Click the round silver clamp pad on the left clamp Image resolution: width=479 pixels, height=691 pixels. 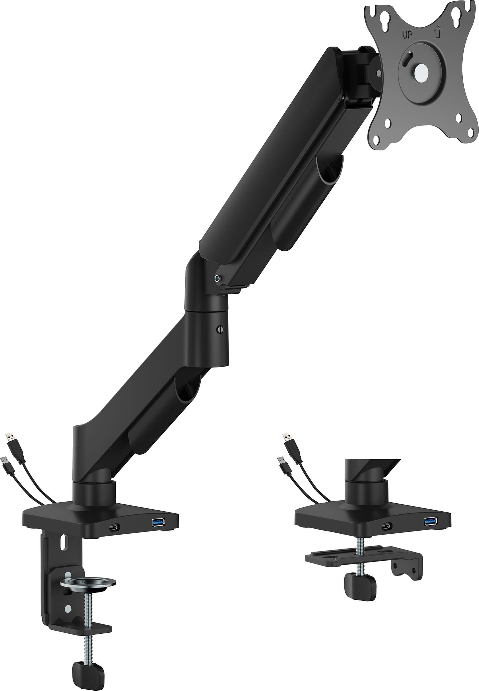[88, 582]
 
